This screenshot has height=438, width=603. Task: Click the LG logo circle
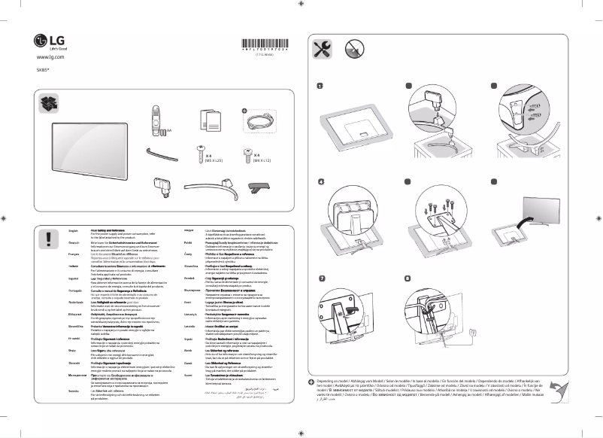[x=40, y=40]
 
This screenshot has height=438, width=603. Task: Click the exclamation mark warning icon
[x=47, y=239]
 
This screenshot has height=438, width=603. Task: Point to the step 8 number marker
[x=407, y=279]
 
